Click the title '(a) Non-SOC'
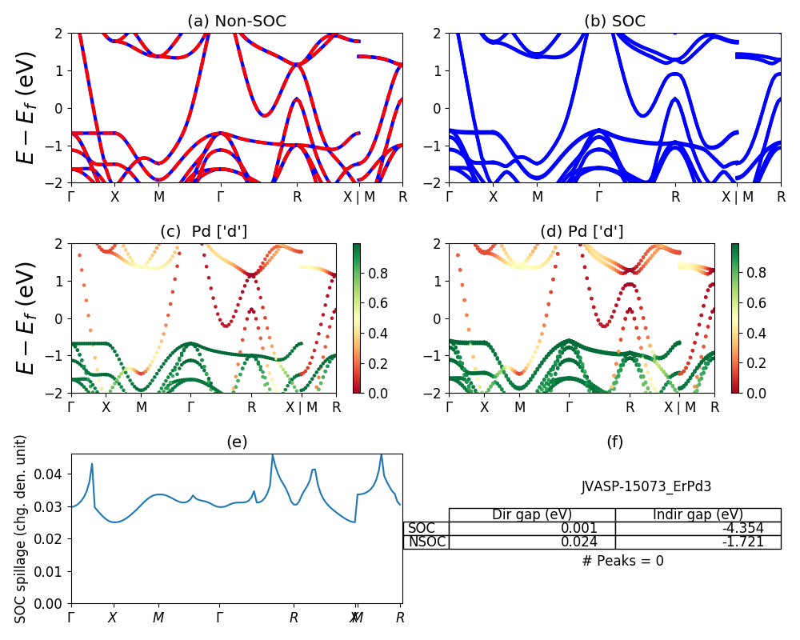click(x=237, y=22)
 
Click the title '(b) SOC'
click(x=614, y=22)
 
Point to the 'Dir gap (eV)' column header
click(x=532, y=514)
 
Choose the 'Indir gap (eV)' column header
click(x=698, y=514)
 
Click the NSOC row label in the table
click(x=426, y=542)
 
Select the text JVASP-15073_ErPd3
click(x=646, y=486)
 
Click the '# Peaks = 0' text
click(x=622, y=561)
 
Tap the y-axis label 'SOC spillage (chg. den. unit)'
click(x=22, y=529)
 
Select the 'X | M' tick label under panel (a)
click(x=358, y=197)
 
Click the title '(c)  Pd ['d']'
click(x=203, y=232)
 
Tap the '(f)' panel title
click(x=614, y=442)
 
